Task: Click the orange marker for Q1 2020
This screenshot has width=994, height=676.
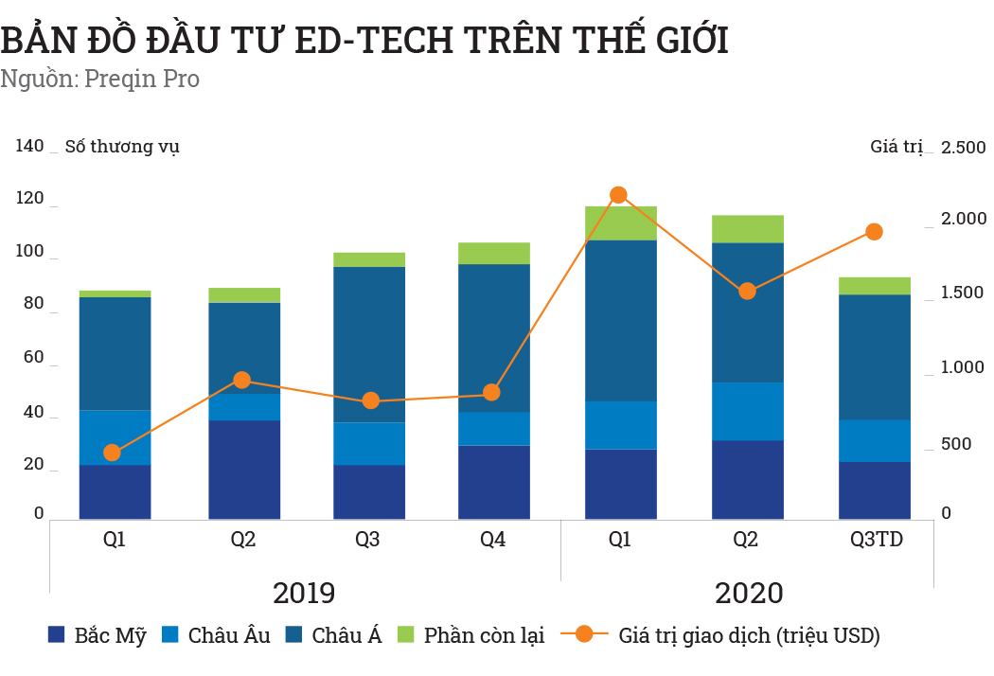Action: click(618, 195)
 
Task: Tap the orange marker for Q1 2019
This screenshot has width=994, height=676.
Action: click(113, 453)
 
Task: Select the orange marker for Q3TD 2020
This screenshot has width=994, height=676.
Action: click(874, 232)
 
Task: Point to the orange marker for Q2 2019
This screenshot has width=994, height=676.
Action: click(242, 381)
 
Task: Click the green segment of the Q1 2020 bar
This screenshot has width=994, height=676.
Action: click(620, 223)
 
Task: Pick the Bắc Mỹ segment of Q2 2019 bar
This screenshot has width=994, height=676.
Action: click(244, 470)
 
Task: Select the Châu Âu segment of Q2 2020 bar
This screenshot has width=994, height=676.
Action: click(747, 412)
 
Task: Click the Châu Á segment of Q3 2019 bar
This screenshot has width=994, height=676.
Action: click(369, 345)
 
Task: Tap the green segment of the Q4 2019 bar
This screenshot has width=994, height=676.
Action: click(493, 253)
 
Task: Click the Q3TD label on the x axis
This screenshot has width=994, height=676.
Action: click(876, 540)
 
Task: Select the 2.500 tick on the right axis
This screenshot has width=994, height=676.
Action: click(963, 148)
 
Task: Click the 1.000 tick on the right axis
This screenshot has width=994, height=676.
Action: click(963, 367)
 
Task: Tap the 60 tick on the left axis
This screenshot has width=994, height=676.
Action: click(32, 357)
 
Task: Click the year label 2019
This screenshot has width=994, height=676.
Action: click(304, 594)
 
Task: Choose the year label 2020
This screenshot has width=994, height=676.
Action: click(748, 594)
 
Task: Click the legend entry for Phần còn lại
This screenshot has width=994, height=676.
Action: click(470, 635)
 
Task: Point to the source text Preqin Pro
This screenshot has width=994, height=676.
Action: click(142, 79)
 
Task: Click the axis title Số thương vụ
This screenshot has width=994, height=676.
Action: click(121, 147)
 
